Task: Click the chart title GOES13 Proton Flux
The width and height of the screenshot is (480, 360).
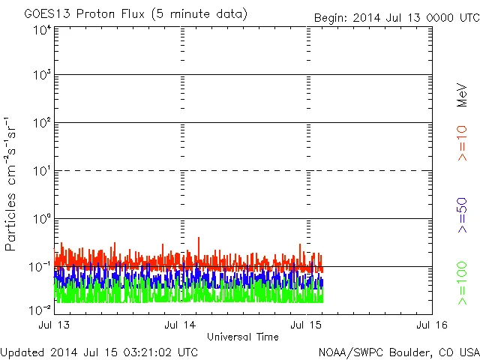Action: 136,14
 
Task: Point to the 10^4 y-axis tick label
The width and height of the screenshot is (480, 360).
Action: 41,31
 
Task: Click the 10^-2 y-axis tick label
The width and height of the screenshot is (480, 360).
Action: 40,310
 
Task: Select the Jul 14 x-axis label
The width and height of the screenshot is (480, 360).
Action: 181,325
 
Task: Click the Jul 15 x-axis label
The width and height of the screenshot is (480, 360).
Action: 307,325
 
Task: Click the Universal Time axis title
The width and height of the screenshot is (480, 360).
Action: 242,337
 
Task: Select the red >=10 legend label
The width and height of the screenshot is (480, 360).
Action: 462,143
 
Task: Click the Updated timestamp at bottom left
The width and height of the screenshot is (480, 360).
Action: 99,351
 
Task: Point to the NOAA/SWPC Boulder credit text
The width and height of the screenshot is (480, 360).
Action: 398,351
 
